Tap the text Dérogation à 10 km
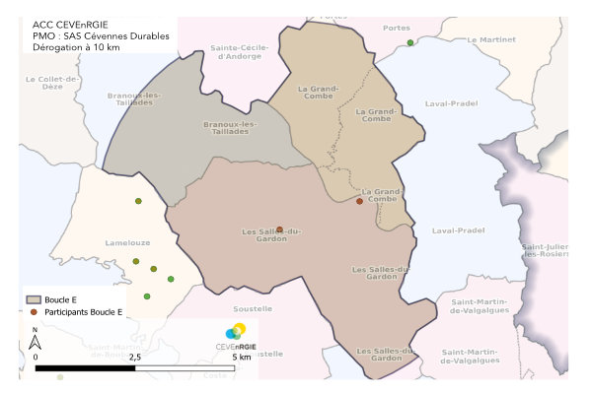pyautogui.click(x=77, y=48)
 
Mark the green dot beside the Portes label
pyautogui.click(x=410, y=43)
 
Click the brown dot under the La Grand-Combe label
pyautogui.click(x=359, y=202)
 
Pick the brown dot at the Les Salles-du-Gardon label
pyautogui.click(x=279, y=230)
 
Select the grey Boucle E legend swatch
pyautogui.click(x=34, y=298)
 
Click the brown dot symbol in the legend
pyautogui.click(x=34, y=311)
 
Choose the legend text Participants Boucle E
pyautogui.click(x=83, y=311)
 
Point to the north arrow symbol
pyautogui.click(x=34, y=341)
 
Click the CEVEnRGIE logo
pyautogui.click(x=237, y=336)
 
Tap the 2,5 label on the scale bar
pyautogui.click(x=135, y=357)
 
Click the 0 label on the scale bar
pyautogui.click(x=37, y=357)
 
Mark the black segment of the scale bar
pyautogui.click(x=86, y=368)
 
